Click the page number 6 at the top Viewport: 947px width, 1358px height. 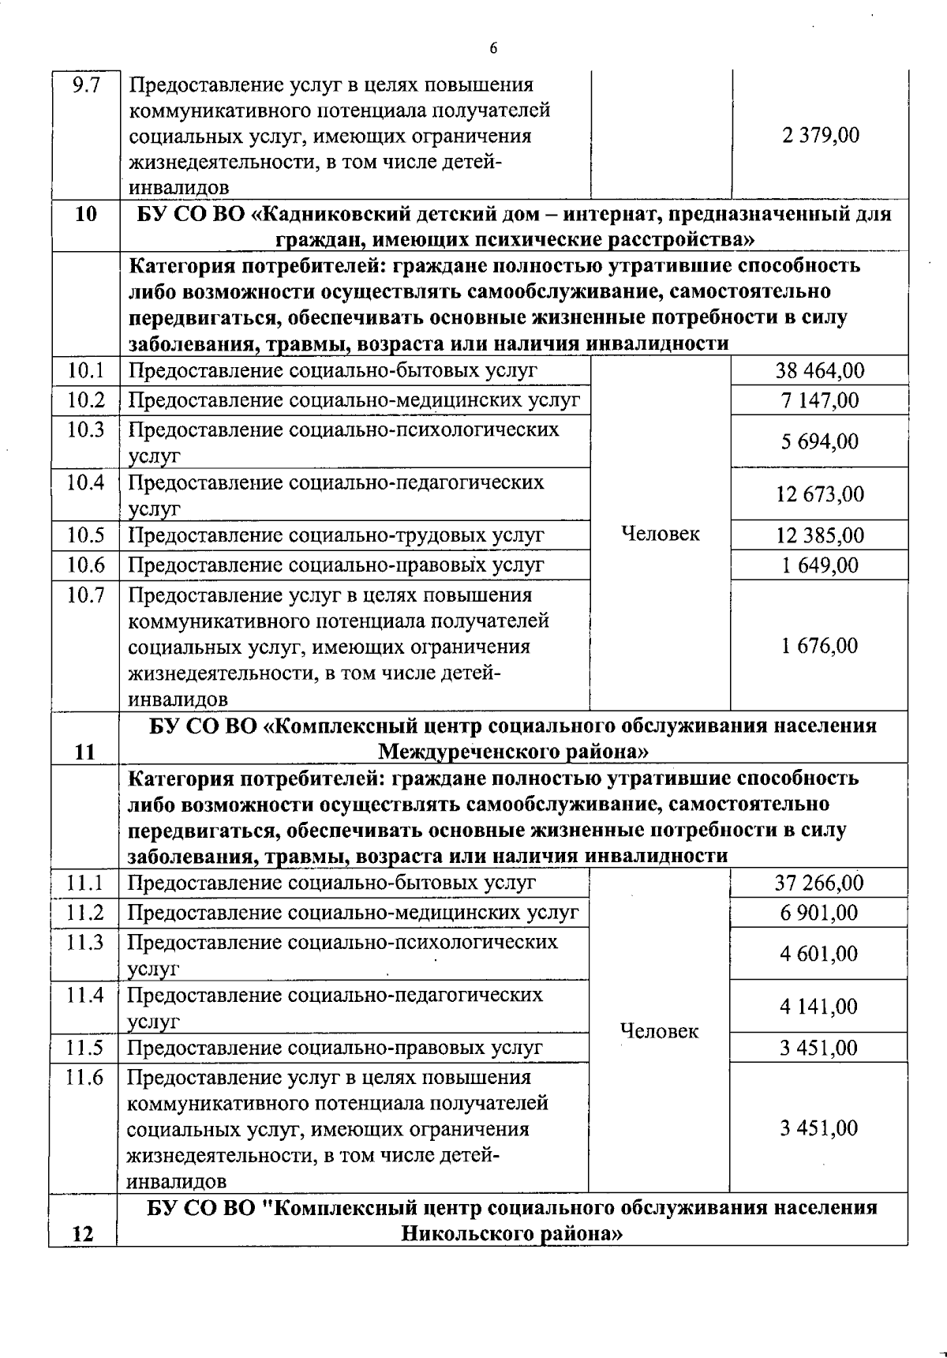[493, 48]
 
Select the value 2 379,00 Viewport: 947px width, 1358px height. [821, 136]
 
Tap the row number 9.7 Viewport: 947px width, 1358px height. [85, 84]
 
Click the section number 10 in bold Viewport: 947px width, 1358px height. [85, 214]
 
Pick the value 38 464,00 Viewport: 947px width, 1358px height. [820, 370]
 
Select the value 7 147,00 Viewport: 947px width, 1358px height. [820, 400]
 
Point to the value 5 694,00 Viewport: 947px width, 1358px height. [820, 441]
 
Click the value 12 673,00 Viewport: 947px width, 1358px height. [820, 494]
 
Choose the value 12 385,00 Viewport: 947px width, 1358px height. [820, 535]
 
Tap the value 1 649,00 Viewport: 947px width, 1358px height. [820, 565]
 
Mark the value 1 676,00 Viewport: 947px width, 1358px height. [819, 646]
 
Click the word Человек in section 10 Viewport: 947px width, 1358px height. [661, 535]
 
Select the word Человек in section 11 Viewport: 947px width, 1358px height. [660, 1031]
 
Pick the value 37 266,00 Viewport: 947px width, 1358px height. [819, 883]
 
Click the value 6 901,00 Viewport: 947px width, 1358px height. [819, 913]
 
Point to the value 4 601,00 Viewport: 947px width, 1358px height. [819, 954]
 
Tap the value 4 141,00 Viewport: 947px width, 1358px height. [819, 1007]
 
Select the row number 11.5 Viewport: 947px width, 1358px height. [84, 1048]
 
